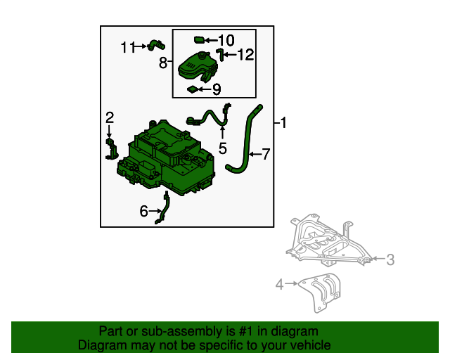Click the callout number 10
226,40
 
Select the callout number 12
246,55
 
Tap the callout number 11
128,47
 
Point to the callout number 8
163,63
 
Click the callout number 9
217,89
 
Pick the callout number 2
110,117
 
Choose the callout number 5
223,148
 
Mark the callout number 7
266,154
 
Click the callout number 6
143,211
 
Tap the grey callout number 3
390,259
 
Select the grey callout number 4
280,285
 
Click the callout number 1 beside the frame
283,123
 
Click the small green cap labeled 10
199,39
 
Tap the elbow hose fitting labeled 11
156,46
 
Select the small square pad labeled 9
192,89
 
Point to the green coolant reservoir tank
198,67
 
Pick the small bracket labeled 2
111,148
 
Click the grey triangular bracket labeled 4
321,291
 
